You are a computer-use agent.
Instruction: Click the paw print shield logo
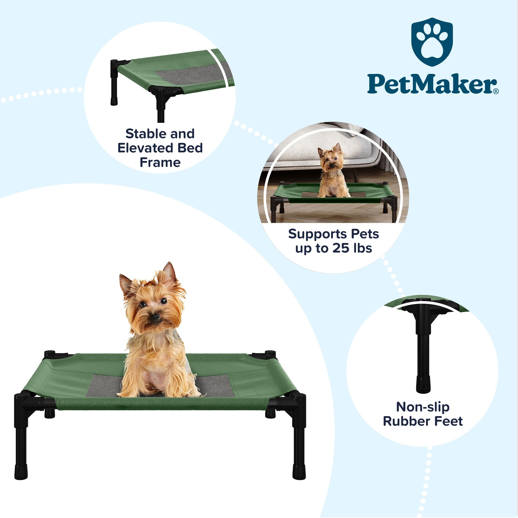[432, 42]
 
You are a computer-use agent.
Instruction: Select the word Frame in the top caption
[160, 163]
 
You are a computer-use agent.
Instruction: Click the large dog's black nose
[155, 318]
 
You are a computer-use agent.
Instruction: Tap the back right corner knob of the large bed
[270, 354]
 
